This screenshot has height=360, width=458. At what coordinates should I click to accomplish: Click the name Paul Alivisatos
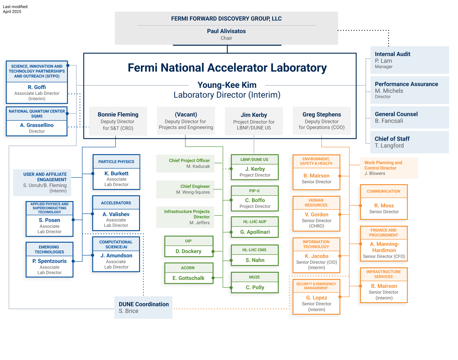[226, 31]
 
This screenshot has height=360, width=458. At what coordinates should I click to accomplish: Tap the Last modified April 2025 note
[15, 9]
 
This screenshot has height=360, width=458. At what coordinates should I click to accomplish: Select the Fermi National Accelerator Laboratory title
[227, 68]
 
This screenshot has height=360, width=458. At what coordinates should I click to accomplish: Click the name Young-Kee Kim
[227, 85]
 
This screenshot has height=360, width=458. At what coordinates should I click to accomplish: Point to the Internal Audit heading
[392, 54]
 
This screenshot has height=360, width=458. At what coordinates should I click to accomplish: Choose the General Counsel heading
[396, 114]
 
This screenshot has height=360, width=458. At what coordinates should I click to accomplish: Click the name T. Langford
[389, 146]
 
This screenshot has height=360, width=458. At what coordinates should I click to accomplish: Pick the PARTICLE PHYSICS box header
[116, 162]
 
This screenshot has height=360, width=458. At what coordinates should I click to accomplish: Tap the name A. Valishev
[116, 214]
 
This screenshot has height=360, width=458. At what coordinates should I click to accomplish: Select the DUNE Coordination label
[144, 304]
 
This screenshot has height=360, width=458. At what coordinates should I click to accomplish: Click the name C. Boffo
[255, 200]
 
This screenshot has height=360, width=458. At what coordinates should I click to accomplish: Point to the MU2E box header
[254, 277]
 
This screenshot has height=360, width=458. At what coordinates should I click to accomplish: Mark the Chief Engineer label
[195, 186]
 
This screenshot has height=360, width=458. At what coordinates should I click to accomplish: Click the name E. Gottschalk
[189, 278]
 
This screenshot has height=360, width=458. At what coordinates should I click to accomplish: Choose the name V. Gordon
[316, 215]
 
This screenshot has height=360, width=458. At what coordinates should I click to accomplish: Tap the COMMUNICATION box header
[384, 191]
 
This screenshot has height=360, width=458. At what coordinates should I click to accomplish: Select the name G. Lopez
[316, 298]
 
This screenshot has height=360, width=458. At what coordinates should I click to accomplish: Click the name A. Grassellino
[37, 125]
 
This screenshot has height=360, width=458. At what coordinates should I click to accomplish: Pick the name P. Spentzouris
[49, 261]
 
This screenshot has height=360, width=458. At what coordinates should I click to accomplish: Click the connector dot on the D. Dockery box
[213, 252]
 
